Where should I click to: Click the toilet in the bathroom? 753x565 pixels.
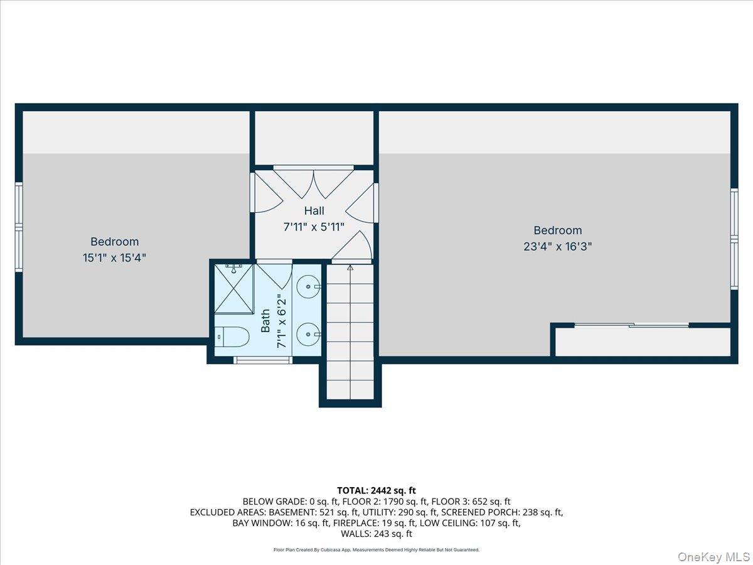pyautogui.click(x=232, y=337)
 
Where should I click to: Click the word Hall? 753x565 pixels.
pyautogui.click(x=314, y=211)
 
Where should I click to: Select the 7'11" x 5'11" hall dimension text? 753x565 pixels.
pyautogui.click(x=314, y=227)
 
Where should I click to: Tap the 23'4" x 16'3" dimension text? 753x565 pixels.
pyautogui.click(x=558, y=247)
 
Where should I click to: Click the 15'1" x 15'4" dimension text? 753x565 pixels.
pyautogui.click(x=115, y=257)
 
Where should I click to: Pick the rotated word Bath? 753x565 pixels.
pyautogui.click(x=266, y=320)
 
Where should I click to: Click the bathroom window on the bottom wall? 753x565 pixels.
pyautogui.click(x=262, y=360)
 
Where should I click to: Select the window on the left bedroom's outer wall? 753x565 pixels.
pyautogui.click(x=19, y=227)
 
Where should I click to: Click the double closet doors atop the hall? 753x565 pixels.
pyautogui.click(x=314, y=182)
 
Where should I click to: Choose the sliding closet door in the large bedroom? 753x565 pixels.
pyautogui.click(x=631, y=325)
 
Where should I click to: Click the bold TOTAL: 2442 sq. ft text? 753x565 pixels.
pyautogui.click(x=376, y=490)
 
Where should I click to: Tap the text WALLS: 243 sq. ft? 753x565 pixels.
pyautogui.click(x=376, y=534)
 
